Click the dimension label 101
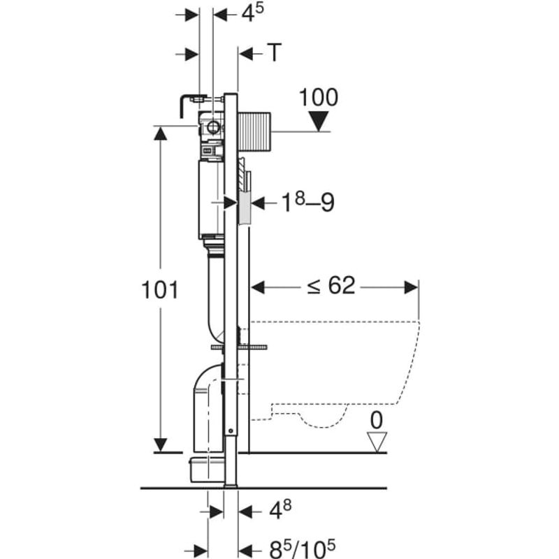(160, 289)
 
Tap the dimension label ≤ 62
(331, 285)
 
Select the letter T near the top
(275, 52)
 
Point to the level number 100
(319, 97)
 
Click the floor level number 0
(377, 420)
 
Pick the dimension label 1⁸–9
(308, 202)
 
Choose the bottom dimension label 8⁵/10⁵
(302, 549)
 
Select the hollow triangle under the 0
(377, 442)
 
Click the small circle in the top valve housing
(213, 126)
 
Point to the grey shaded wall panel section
(244, 208)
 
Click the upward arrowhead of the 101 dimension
(161, 133)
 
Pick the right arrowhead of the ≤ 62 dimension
(412, 287)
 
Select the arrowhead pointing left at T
(246, 55)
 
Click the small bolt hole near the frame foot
(231, 431)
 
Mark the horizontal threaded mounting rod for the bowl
(239, 347)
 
